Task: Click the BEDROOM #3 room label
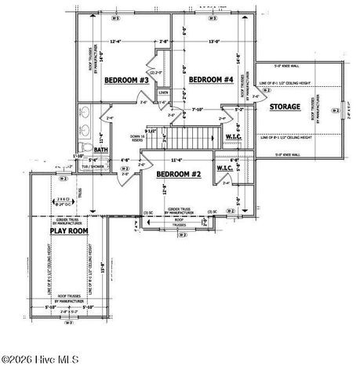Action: [127, 81]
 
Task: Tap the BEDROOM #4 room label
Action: [211, 80]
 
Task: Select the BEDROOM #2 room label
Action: [179, 173]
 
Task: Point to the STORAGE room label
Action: [285, 106]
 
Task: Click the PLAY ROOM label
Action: [69, 232]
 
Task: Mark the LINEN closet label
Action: [163, 92]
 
